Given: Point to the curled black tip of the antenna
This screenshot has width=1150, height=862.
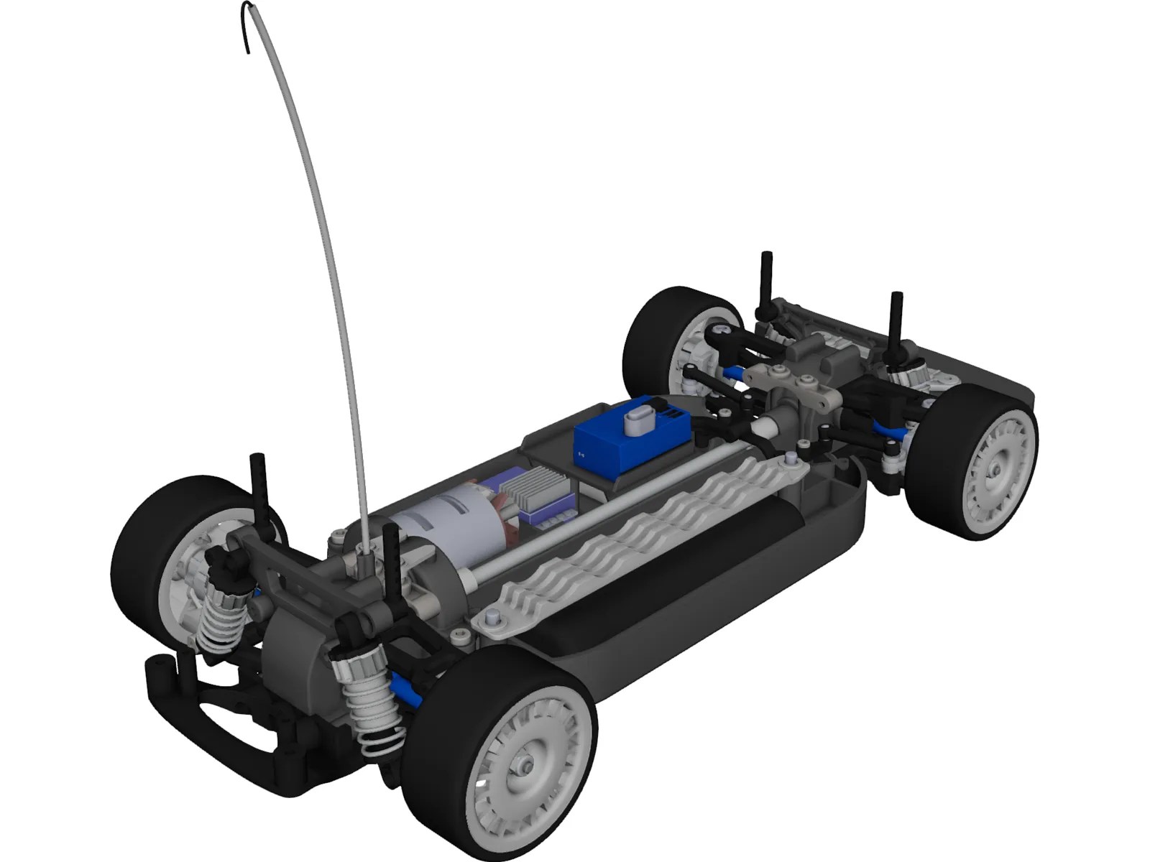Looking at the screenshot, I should [247, 29].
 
